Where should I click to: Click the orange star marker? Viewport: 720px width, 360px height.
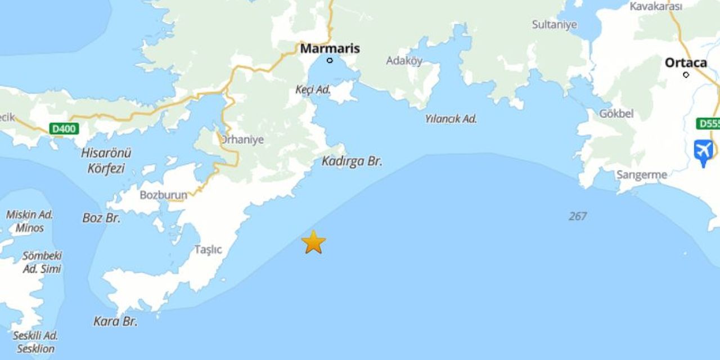313,242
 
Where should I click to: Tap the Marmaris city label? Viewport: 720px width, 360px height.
330,48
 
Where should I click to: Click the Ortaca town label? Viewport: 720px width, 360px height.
686,62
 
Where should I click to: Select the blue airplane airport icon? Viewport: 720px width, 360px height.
704,151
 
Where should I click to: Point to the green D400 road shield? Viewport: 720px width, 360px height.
64,129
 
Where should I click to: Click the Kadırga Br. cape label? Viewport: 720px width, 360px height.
352,161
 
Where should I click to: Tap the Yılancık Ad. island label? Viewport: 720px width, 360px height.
451,119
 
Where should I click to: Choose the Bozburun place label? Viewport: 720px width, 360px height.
163,195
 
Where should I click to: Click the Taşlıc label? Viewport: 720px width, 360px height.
208,249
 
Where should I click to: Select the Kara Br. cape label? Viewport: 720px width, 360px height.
115,322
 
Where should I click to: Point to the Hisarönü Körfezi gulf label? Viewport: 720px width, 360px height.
106,160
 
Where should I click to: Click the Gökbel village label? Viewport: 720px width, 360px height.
616,114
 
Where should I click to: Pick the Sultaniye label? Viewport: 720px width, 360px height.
554,25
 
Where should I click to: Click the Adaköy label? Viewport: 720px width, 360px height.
404,61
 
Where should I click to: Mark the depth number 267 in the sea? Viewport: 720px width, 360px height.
577,216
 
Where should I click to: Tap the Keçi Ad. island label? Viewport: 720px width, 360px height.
313,90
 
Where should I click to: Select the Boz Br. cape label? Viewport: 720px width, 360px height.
101,218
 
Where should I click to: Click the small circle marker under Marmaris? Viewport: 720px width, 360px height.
330,60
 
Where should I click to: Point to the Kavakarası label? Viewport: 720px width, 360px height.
655,6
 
